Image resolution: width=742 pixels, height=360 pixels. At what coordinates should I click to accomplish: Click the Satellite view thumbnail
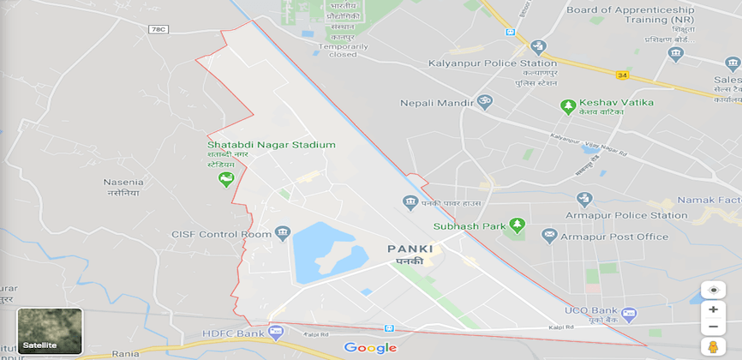tap(50, 331)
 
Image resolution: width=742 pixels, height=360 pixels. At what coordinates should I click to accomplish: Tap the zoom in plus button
tap(713, 309)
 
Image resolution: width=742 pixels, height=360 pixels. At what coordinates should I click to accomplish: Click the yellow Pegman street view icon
tap(713, 346)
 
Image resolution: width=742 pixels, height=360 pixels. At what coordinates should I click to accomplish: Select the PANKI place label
tap(410, 249)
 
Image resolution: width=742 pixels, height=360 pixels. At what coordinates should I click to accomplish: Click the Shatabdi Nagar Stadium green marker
tap(225, 179)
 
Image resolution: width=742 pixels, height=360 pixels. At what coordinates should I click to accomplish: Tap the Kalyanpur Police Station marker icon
tap(538, 46)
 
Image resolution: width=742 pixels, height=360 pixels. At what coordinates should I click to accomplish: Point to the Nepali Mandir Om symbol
tap(483, 103)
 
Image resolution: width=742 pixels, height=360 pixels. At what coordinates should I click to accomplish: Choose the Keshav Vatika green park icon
tap(566, 105)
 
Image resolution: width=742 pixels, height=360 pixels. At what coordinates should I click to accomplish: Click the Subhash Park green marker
tap(516, 226)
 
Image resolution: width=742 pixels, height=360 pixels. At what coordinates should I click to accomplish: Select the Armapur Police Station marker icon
tap(584, 200)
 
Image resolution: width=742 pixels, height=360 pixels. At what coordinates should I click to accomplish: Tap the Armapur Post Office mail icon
tap(548, 236)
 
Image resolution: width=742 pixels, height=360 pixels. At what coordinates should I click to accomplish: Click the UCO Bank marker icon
tap(630, 314)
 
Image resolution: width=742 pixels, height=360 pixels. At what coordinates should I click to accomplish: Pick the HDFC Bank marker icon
tap(276, 331)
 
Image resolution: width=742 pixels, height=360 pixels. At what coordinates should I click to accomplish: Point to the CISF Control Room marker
tap(282, 233)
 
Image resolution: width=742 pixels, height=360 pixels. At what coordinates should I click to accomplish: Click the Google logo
tap(370, 347)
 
